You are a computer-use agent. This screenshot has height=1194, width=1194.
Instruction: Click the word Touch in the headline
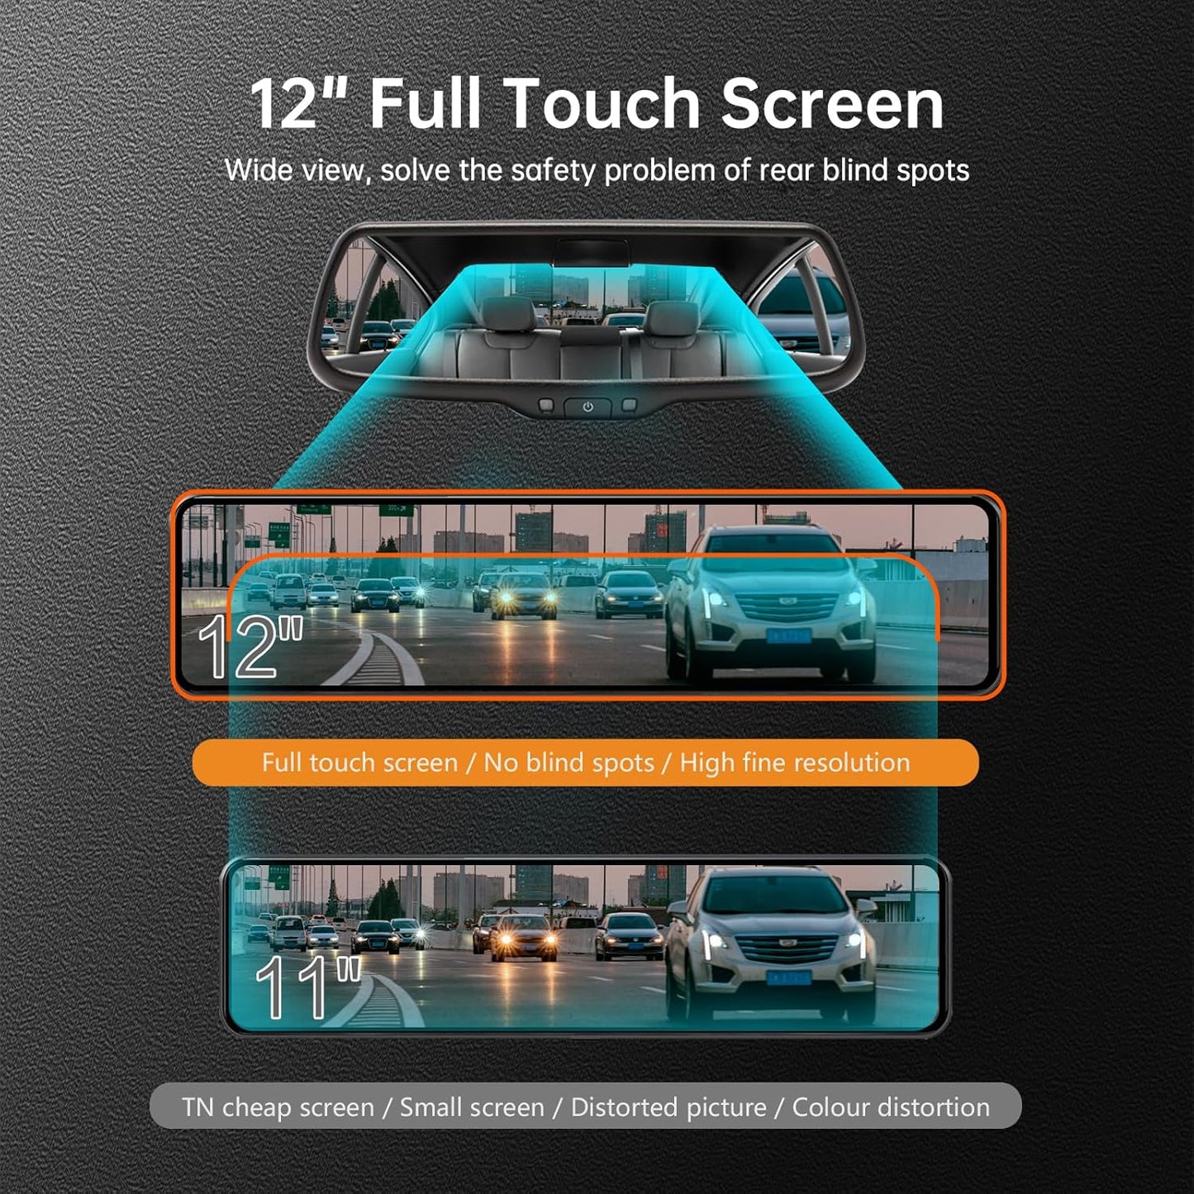[x=602, y=104]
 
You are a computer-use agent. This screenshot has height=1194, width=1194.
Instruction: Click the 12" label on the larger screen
[x=250, y=647]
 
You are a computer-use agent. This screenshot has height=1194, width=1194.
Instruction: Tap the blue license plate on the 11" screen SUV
[x=788, y=978]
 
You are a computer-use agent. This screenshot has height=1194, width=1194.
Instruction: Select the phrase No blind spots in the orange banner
[x=568, y=762]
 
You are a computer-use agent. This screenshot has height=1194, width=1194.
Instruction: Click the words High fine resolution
[x=794, y=762]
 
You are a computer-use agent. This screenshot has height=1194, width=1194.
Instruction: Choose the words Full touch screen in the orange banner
[x=359, y=762]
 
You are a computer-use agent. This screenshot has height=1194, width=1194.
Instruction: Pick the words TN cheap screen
[x=278, y=1107]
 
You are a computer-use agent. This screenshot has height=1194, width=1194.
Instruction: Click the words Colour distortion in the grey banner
[x=891, y=1107]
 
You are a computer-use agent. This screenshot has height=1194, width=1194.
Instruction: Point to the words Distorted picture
[x=668, y=1107]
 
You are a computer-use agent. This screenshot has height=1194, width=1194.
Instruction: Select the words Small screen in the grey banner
[x=472, y=1107]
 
